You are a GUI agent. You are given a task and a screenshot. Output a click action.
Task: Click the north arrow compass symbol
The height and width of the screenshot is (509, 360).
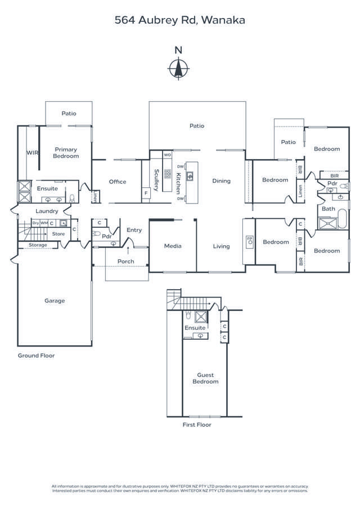(x=178, y=68)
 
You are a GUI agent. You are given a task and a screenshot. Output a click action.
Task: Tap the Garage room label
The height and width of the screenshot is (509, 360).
(x=55, y=301)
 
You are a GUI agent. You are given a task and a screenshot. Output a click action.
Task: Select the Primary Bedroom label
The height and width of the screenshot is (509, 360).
(x=66, y=152)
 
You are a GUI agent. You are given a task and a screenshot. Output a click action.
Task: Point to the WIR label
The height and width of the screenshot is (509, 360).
(x=32, y=152)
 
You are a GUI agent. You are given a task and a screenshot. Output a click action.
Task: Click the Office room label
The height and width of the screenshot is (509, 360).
(x=118, y=182)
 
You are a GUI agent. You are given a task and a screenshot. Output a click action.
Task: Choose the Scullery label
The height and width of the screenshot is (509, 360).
(x=156, y=181)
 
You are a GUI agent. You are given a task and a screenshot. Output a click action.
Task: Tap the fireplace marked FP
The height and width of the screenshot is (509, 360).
(x=249, y=241)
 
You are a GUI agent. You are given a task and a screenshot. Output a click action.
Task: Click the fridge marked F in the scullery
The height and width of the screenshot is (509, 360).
(x=146, y=193)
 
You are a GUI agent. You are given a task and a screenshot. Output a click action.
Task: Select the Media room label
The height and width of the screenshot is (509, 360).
(x=172, y=246)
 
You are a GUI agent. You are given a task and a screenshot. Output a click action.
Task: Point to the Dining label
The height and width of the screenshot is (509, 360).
(x=222, y=181)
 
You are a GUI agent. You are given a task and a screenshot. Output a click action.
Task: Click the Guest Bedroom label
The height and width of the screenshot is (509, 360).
(x=205, y=378)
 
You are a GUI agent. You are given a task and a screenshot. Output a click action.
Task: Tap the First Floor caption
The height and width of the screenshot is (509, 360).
(x=197, y=425)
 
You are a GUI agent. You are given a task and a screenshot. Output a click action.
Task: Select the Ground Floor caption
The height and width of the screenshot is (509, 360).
(x=36, y=355)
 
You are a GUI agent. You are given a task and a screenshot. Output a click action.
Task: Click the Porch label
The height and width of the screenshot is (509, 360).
(x=125, y=262)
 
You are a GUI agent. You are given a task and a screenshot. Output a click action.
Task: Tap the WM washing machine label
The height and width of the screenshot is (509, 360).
(x=44, y=223)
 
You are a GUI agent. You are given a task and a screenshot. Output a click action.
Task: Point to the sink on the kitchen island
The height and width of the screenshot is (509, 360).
(x=191, y=177)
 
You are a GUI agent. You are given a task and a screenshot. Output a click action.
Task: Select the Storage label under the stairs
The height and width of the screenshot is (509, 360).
(x=38, y=245)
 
